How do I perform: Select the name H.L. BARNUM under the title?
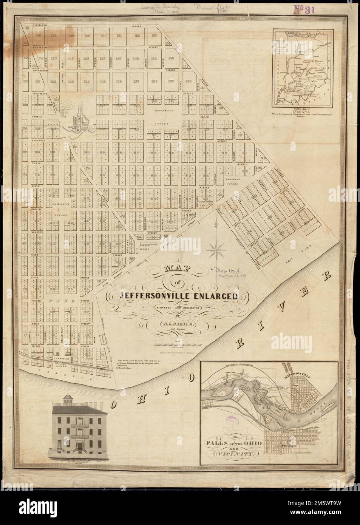177,324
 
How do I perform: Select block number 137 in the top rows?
137,81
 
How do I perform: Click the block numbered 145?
137,59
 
